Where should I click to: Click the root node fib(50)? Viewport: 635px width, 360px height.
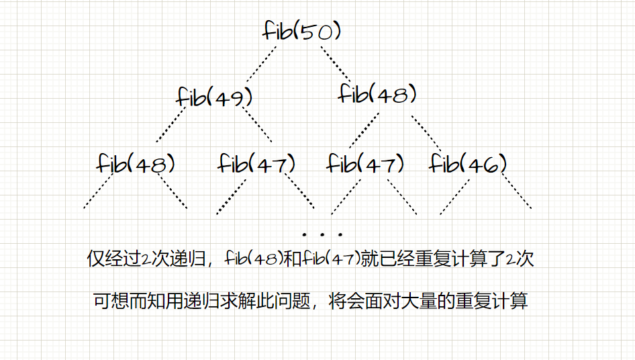tap(305, 32)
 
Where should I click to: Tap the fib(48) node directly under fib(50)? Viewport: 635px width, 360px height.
tap(377, 94)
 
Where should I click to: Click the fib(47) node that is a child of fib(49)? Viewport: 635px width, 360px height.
tap(257, 163)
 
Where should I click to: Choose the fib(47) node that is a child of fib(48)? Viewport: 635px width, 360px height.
tap(367, 163)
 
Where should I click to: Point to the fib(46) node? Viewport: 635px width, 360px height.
tap(468, 163)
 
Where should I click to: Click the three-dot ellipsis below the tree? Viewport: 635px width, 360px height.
tap(323, 234)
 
